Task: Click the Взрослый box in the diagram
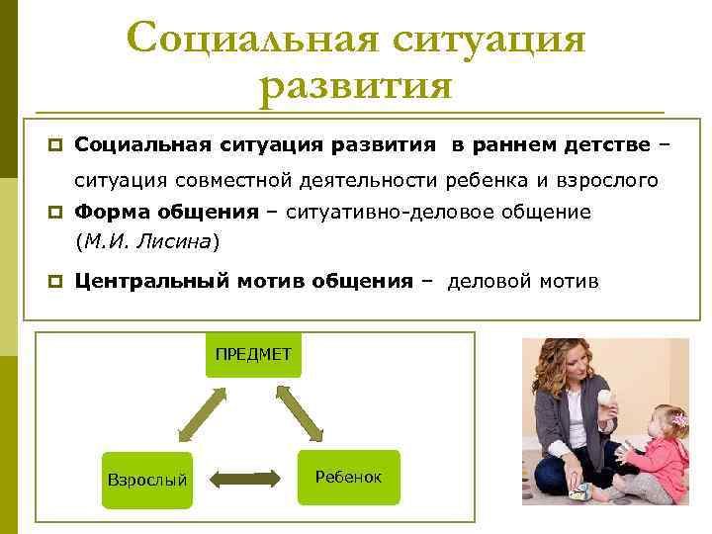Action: tap(146, 480)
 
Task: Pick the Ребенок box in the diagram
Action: tap(348, 477)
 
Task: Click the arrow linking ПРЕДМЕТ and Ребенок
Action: tap(301, 413)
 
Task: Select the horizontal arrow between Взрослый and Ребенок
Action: tap(244, 480)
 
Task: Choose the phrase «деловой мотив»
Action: tap(523, 281)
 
